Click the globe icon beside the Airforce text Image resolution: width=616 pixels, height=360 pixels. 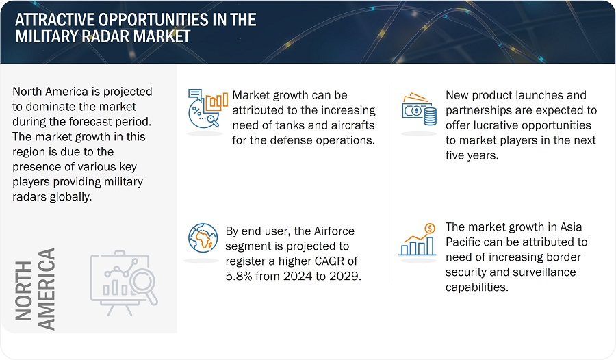203,238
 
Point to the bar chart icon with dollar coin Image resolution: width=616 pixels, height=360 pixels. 418,240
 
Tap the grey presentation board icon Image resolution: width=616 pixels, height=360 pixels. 124,283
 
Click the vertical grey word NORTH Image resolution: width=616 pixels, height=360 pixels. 23,291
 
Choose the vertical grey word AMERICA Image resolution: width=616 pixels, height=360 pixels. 46,290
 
